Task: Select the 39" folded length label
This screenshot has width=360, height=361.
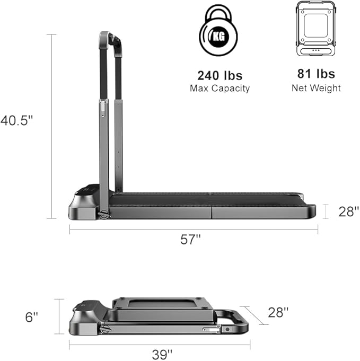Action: click(x=163, y=354)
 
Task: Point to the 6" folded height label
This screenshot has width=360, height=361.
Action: click(x=32, y=317)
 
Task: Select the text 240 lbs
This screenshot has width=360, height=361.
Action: click(x=219, y=75)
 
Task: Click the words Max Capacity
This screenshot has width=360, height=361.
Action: click(x=219, y=88)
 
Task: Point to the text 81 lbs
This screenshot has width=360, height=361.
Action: click(x=316, y=75)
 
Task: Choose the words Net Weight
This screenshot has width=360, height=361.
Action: click(x=316, y=88)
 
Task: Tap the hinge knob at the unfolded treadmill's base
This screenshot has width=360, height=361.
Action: click(x=104, y=215)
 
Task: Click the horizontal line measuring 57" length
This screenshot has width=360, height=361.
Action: click(x=194, y=229)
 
